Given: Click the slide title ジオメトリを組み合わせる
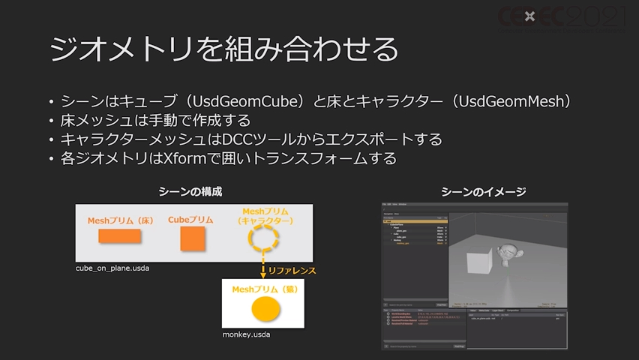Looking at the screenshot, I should (223, 49).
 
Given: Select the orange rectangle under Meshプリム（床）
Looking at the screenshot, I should (120, 237).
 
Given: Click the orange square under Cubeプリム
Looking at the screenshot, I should (193, 238).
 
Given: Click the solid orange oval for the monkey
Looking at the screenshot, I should (265, 307).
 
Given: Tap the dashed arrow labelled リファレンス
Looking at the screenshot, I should (263, 268).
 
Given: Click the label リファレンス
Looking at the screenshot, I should (292, 270).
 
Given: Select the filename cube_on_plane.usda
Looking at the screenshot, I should (112, 268).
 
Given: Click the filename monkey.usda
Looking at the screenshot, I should (246, 334).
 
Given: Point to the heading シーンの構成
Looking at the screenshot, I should (190, 192).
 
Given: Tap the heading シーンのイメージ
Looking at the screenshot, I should (483, 192).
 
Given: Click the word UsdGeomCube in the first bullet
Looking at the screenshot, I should (237, 101).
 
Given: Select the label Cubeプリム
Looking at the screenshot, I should (190, 220).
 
